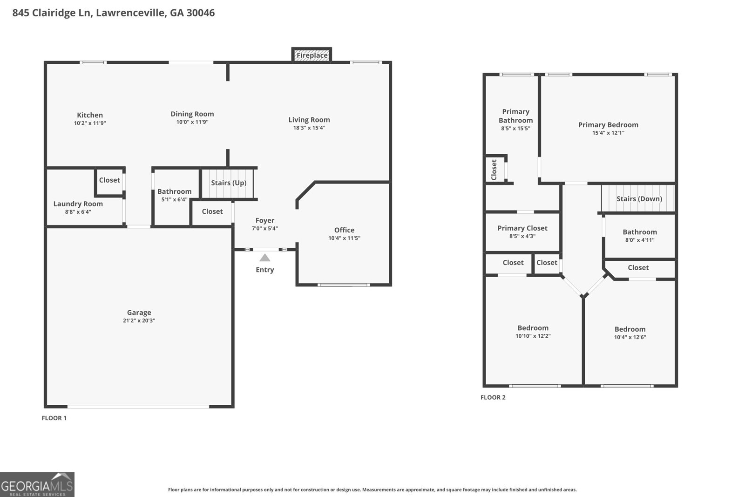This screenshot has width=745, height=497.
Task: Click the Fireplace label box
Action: [312, 55]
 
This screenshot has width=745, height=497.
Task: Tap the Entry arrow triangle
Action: [264, 258]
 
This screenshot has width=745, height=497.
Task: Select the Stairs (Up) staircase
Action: [228, 183]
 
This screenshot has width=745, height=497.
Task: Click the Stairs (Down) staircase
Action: [638, 199]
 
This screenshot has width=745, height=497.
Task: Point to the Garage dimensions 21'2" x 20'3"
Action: [139, 321]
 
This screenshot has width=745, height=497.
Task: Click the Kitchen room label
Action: [90, 115]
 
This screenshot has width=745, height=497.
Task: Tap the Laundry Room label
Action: [78, 204]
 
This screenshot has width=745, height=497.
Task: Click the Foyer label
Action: [264, 221]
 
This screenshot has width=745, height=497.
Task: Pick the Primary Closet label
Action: [522, 228]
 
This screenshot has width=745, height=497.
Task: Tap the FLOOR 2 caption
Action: [493, 397]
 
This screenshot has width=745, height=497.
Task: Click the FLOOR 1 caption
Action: [54, 418]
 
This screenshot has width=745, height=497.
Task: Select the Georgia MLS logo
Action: [37, 484]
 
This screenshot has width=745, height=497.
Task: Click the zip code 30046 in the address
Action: [200, 13]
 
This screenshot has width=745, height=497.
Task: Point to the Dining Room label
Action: [192, 114]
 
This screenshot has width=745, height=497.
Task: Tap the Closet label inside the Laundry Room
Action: [109, 180]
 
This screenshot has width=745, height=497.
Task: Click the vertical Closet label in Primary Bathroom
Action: [494, 170]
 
